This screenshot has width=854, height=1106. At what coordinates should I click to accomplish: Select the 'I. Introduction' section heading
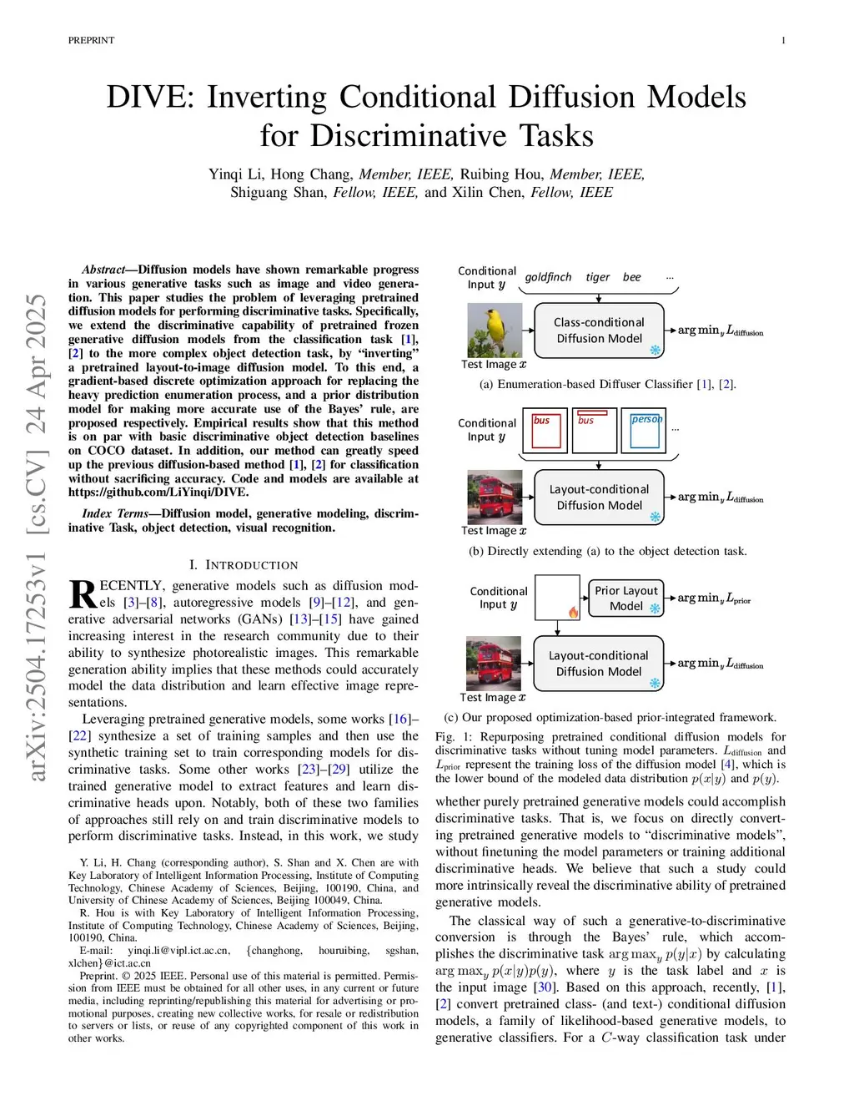pos(243,565)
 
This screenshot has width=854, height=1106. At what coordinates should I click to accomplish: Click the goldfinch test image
pos(495,331)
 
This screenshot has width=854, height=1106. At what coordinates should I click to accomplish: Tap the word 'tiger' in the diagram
pos(597,277)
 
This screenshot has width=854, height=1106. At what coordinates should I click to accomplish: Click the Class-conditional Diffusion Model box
pos(599,331)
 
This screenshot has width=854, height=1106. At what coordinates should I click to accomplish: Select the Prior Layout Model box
pos(625,598)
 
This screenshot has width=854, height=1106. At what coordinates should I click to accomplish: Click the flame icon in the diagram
pos(573,612)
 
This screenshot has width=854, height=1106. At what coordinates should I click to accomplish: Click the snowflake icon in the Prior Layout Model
pos(655,609)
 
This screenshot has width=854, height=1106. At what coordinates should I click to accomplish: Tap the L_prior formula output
pos(715,598)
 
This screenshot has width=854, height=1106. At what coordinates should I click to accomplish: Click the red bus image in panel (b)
pos(494,497)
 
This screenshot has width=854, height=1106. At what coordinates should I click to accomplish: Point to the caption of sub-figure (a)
pos(607,384)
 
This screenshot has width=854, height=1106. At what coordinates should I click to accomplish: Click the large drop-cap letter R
pos(83,594)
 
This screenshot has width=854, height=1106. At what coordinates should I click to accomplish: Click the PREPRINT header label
pos(91,40)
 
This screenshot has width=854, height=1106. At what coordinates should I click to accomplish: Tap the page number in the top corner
pos(783,40)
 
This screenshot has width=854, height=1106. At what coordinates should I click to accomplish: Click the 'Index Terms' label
pos(115,513)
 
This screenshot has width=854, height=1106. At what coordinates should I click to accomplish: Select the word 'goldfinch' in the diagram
pos(548,277)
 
